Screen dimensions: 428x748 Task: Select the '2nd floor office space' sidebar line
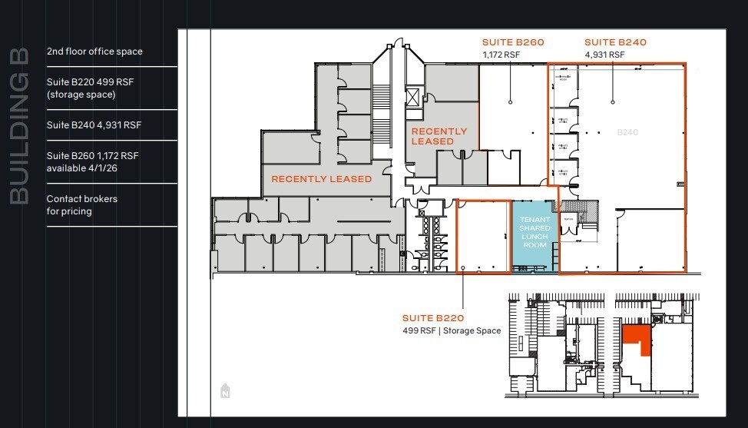pos(94,51)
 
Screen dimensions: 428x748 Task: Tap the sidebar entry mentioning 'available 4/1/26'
pos(92,161)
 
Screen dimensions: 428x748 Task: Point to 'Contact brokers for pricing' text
pos(81,204)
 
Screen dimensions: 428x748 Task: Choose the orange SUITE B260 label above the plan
pos(513,42)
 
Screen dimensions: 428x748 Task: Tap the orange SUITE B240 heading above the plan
pos(615,42)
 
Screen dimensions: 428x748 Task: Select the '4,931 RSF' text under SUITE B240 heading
pos(604,55)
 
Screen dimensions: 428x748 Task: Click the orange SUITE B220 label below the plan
pos(433,317)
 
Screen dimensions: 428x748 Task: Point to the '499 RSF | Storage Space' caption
pos(452,330)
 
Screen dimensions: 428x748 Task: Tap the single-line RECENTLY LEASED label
pos(321,179)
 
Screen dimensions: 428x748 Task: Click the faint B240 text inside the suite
pos(627,132)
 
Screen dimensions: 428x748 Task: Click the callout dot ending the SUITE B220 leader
pos(462,270)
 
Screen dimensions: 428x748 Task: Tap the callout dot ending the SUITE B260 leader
pos(510,101)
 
